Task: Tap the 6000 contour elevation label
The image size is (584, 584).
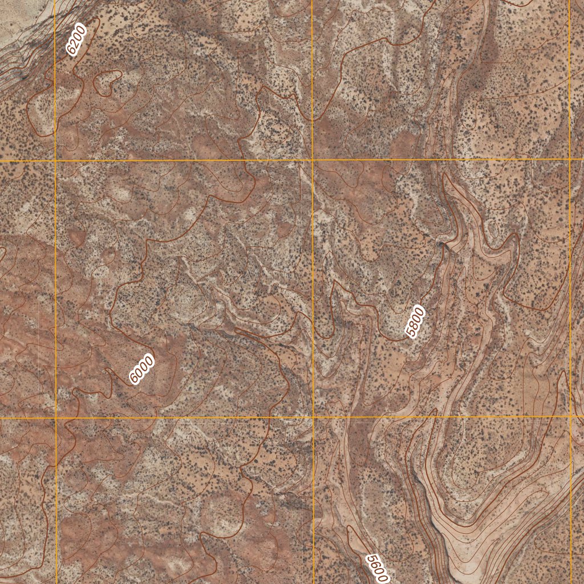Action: click(x=142, y=369)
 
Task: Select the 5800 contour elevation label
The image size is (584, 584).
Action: click(x=416, y=322)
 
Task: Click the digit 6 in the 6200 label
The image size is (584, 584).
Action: click(x=71, y=51)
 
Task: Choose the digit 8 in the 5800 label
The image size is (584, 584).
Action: click(x=414, y=325)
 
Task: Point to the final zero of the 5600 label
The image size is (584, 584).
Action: click(x=384, y=578)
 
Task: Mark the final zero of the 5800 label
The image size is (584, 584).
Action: click(x=421, y=312)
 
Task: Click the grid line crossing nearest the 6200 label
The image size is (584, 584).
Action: click(x=55, y=161)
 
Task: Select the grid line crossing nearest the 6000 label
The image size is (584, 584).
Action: click(x=56, y=418)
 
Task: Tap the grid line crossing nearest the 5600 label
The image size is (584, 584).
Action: click(x=313, y=417)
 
